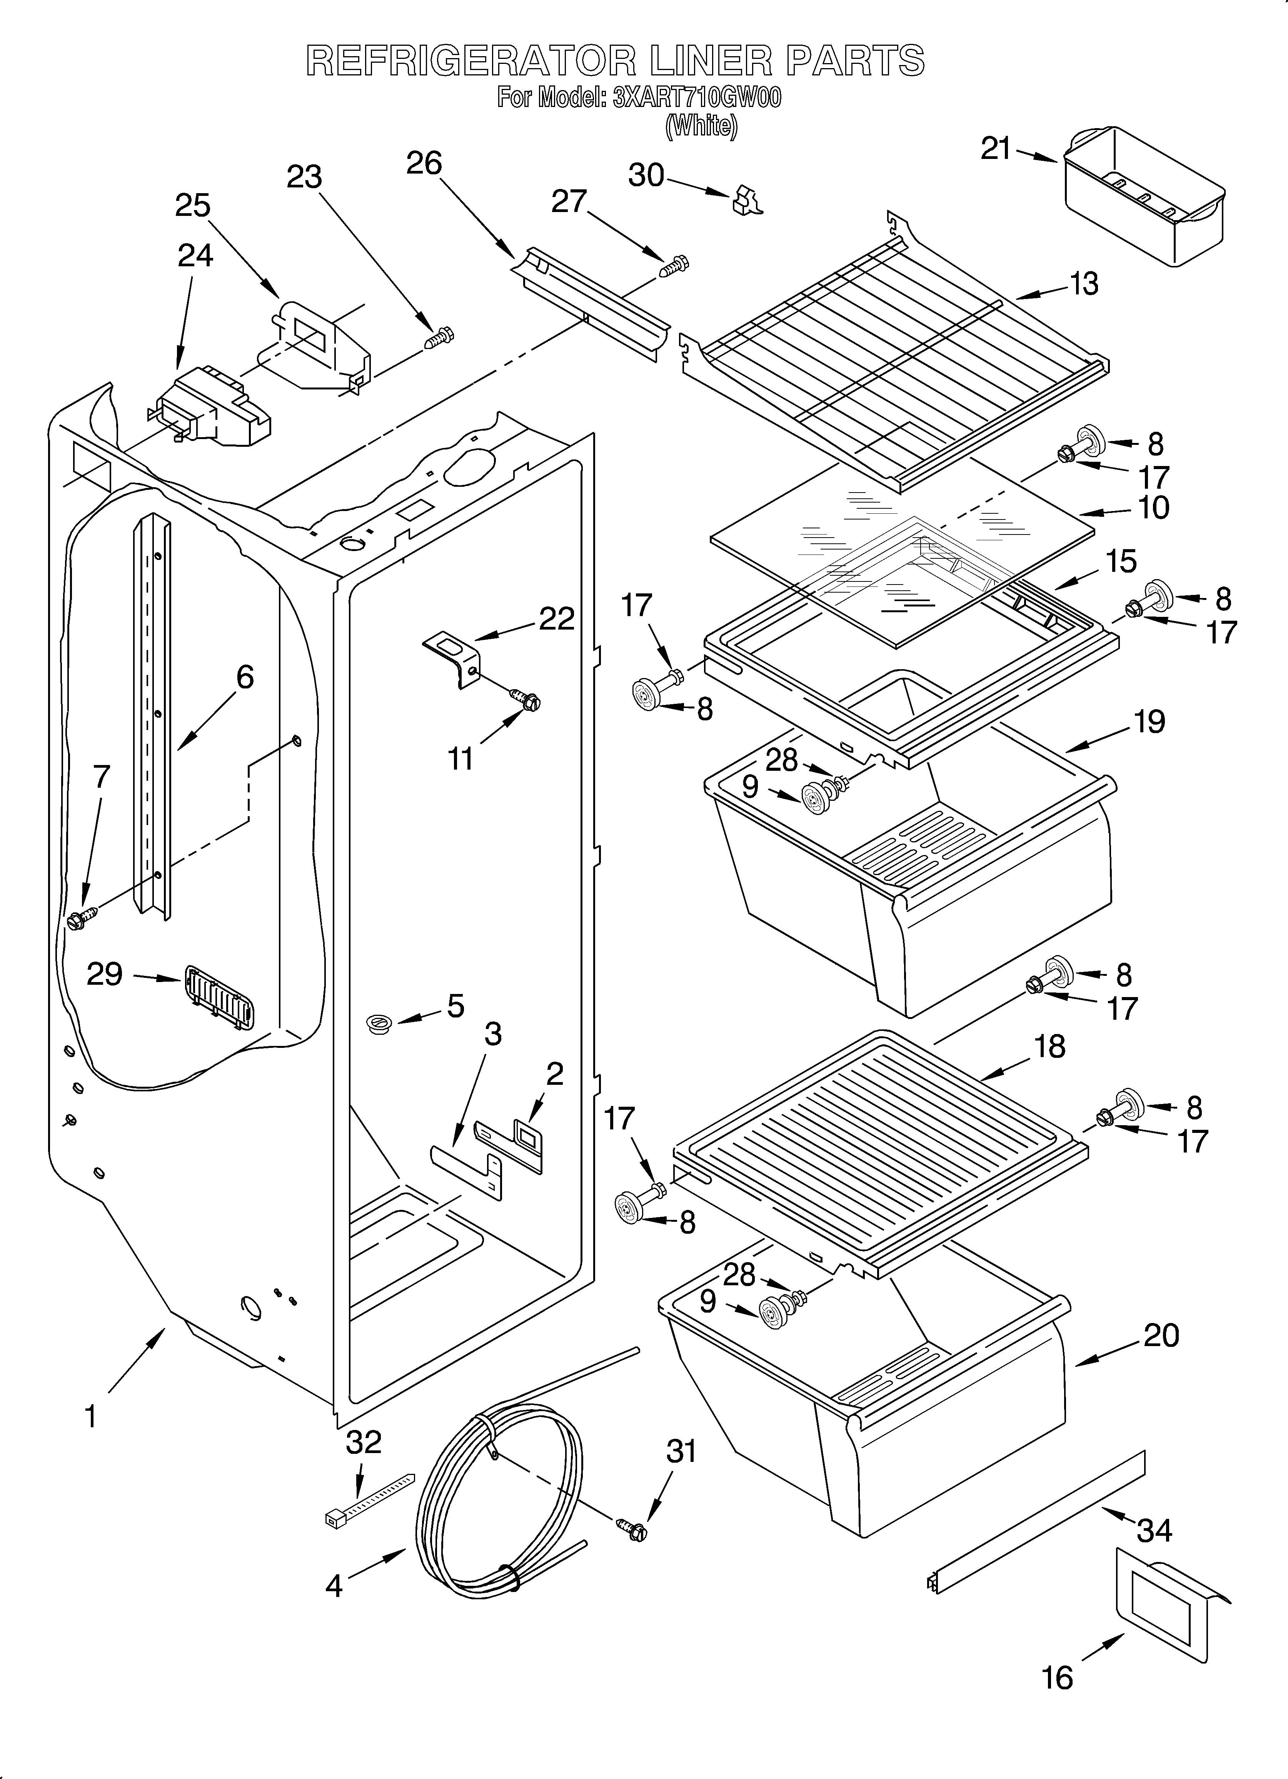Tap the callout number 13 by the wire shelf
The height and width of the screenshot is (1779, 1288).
(1084, 284)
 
